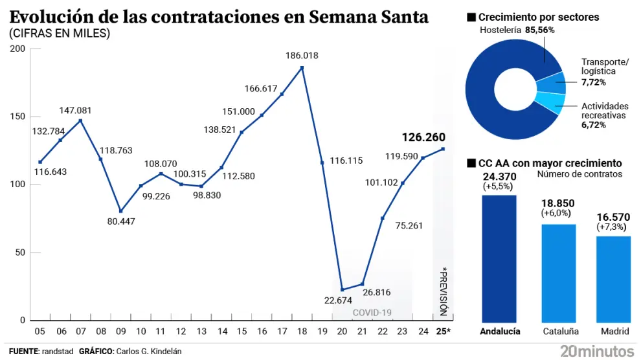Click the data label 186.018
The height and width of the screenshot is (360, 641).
point(302,56)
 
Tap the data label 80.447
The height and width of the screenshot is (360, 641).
point(121,222)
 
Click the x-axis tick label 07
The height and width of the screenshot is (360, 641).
point(80,332)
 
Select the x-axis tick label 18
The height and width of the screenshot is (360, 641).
point(302,332)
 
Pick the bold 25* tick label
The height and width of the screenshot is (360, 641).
point(444,332)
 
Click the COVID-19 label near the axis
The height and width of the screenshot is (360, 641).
point(372,313)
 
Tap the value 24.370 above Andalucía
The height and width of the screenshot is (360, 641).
point(499,176)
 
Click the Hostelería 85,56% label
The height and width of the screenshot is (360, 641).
point(517,30)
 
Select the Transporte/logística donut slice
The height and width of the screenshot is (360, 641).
point(551,83)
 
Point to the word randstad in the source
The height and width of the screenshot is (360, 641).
point(56,351)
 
